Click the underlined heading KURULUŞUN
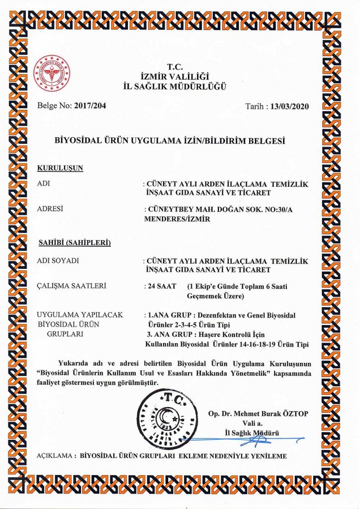[60, 168]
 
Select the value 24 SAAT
[157, 286]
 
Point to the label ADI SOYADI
[59, 260]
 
